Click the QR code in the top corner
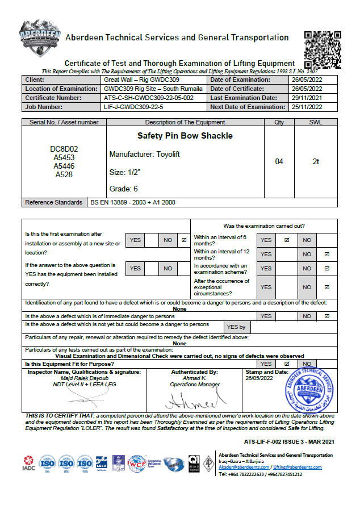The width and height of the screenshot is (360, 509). (323, 48)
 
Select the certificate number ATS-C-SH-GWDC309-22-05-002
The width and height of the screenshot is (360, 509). (149, 98)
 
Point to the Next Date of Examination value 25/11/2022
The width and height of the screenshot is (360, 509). (306, 107)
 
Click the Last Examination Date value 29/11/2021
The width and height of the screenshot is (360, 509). (306, 98)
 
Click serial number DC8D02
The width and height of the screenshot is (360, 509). (64, 149)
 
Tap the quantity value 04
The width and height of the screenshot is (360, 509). (279, 162)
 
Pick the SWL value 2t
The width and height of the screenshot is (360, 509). (316, 162)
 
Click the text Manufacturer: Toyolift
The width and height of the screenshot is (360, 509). (144, 155)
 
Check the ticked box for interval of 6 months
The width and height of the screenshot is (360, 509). (287, 240)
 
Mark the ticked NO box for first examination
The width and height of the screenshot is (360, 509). (184, 240)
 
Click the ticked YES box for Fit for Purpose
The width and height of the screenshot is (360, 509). (287, 364)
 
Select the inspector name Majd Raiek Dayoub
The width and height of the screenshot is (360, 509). (84, 378)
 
